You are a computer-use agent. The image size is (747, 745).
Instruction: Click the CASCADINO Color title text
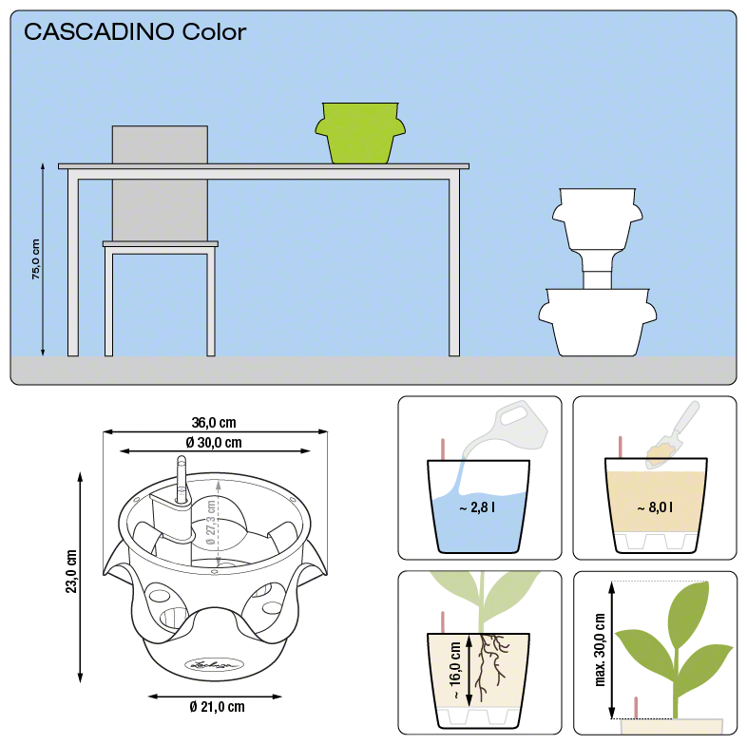tap(135, 32)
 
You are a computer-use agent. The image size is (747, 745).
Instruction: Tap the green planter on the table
tap(360, 133)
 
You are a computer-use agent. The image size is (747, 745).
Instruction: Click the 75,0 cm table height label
tap(36, 259)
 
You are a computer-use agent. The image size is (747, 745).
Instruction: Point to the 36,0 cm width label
tap(214, 423)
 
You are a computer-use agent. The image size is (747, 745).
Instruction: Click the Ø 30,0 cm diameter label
tap(214, 443)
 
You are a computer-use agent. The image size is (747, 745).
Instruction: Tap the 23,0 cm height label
tap(71, 571)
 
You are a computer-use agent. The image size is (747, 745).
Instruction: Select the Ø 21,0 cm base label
tap(218, 706)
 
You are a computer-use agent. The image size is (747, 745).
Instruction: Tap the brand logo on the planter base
tap(214, 664)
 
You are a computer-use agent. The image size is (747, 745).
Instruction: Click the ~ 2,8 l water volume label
tap(477, 507)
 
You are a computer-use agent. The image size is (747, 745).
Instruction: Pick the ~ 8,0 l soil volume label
tap(655, 507)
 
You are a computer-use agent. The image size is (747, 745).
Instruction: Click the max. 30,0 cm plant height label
tap(600, 650)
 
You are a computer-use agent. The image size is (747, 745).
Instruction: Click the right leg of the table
tap(454, 267)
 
